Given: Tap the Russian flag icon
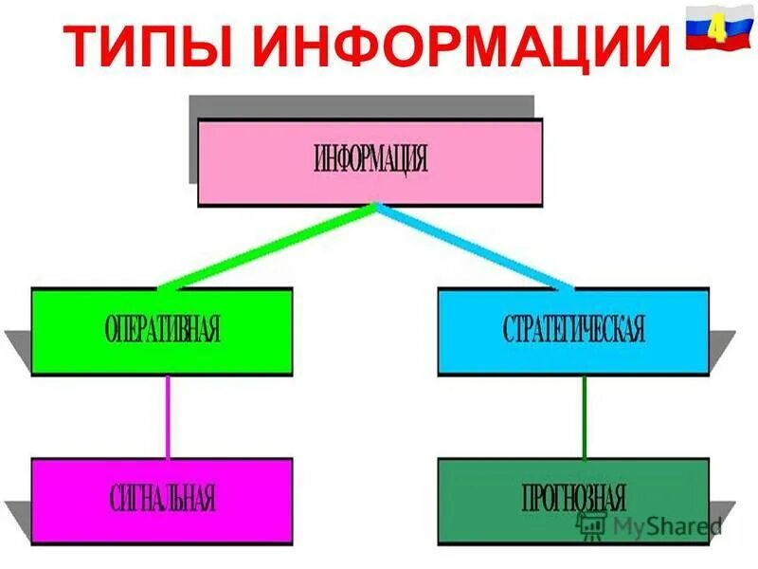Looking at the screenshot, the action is [713, 27].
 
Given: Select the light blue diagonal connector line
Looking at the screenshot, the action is [474, 246].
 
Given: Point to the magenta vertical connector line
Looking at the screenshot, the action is [169, 416].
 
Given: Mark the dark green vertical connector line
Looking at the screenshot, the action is [584, 416].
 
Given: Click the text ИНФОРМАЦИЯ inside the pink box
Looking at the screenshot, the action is [370, 159].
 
